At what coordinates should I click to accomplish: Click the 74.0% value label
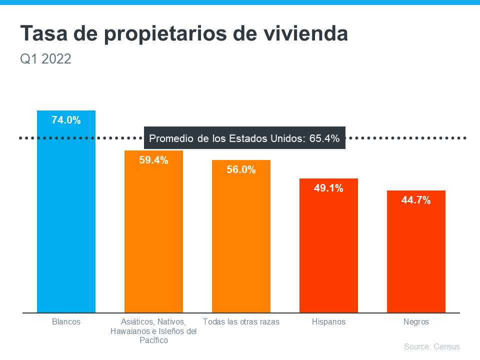(x=66, y=120)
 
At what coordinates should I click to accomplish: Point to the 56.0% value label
(x=241, y=169)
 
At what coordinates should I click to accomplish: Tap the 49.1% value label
(x=328, y=188)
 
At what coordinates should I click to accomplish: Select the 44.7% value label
(x=416, y=200)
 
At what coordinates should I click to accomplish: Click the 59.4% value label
(x=153, y=160)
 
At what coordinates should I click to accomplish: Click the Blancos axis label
(x=66, y=322)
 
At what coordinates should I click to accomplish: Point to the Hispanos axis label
(x=328, y=322)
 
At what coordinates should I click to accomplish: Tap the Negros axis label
(x=416, y=322)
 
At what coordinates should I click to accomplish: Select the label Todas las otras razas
(x=241, y=322)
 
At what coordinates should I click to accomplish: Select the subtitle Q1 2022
(x=45, y=59)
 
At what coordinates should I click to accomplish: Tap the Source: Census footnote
(x=431, y=346)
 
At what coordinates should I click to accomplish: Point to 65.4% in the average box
(x=324, y=138)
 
